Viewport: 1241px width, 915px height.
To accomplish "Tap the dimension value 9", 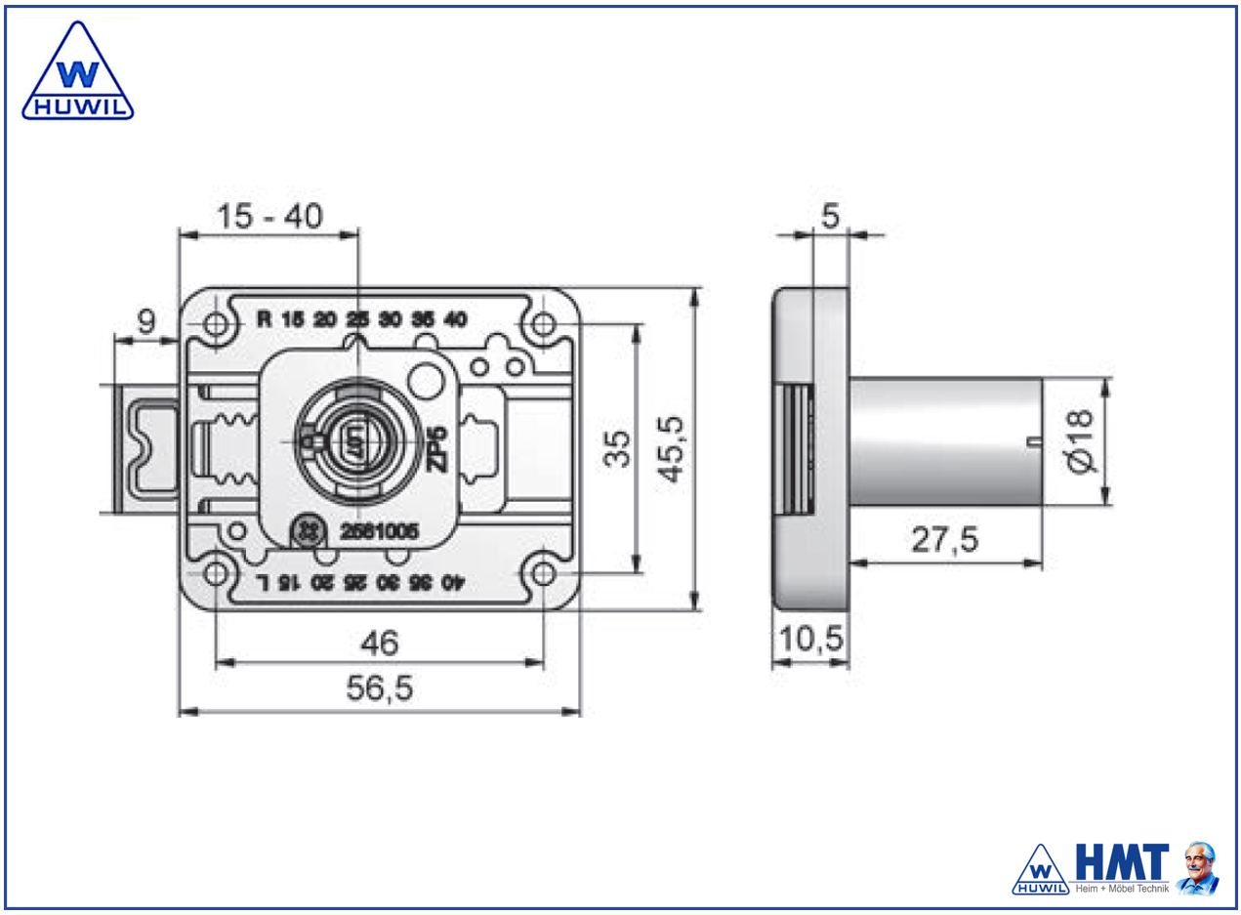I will tap(145, 322).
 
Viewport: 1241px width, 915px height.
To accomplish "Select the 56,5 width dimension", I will tap(381, 689).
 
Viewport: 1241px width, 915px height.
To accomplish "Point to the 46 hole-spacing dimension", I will tap(379, 643).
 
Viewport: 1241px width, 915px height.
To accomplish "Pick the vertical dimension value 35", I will tap(618, 450).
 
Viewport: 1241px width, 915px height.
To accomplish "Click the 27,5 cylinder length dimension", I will tap(945, 540).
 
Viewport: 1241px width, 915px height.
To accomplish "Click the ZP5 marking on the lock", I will tap(438, 447).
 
